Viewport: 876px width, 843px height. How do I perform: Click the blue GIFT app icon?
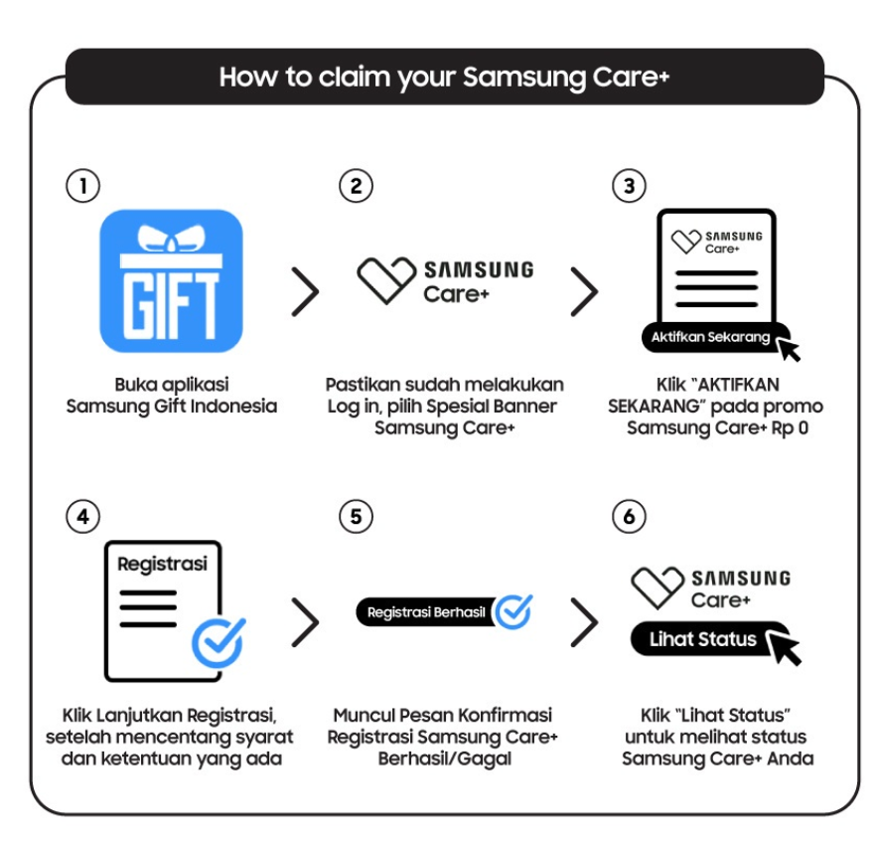tap(171, 281)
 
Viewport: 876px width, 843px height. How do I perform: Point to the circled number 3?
tap(629, 186)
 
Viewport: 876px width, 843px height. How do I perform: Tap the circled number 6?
tap(629, 516)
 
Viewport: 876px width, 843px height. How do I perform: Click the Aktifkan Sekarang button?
tap(711, 337)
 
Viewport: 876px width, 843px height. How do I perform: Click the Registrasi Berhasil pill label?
tap(426, 612)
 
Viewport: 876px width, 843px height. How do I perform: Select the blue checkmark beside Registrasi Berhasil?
tap(513, 611)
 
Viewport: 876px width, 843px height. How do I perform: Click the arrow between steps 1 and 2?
tap(305, 290)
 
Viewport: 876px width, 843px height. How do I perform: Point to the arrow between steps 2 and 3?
tap(584, 290)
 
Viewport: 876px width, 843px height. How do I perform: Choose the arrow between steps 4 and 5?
tap(305, 621)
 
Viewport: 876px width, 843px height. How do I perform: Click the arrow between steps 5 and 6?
tap(584, 621)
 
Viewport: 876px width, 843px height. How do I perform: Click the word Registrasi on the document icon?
tap(163, 564)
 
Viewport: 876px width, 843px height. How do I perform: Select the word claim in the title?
tap(355, 77)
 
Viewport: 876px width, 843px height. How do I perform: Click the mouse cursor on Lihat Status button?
tap(786, 649)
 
